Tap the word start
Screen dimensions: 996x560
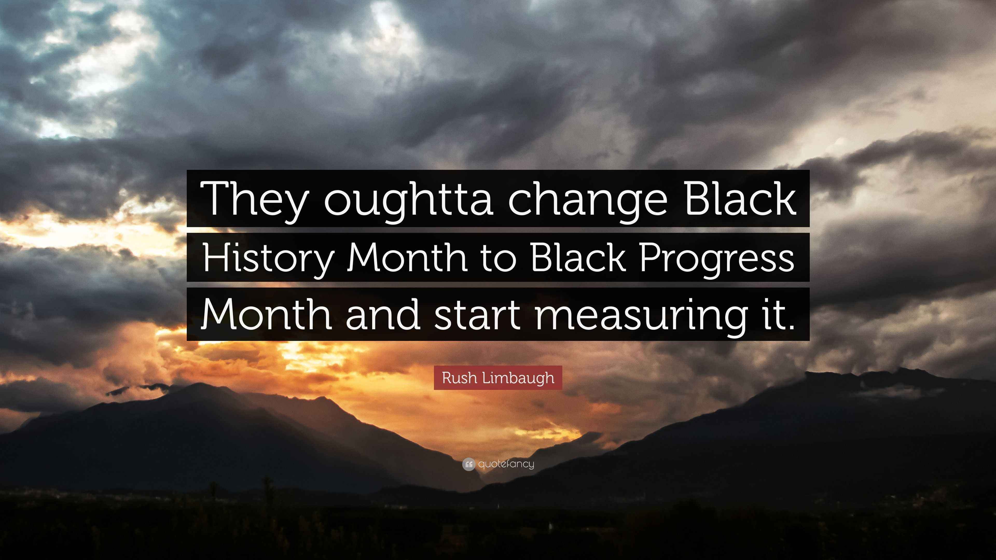[x=476, y=315]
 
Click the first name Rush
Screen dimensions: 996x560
[x=460, y=377]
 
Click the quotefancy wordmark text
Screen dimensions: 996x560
[x=506, y=464]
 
